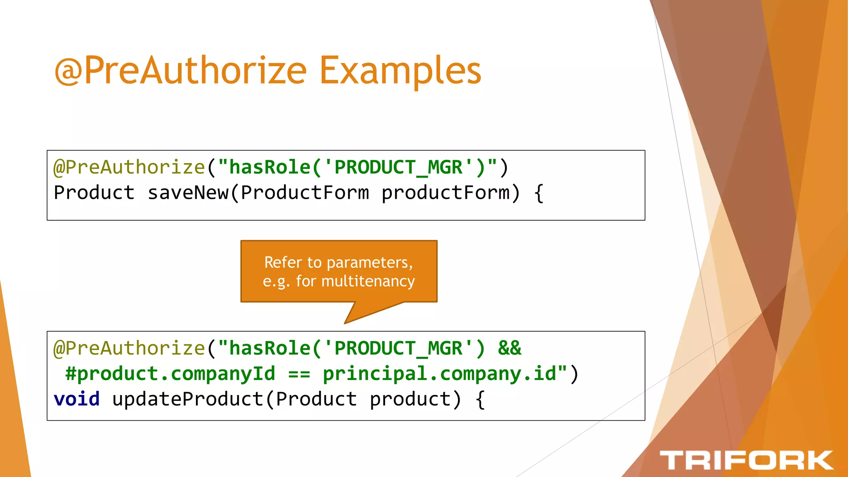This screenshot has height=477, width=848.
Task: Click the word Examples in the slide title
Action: [400, 70]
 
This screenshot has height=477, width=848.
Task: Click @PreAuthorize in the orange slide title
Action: [181, 70]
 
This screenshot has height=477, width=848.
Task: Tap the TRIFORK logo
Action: [746, 460]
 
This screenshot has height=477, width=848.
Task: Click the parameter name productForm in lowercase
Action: [445, 193]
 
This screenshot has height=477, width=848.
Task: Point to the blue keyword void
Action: [77, 399]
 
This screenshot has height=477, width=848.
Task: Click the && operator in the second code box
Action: [509, 348]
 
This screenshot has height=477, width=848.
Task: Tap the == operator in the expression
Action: [299, 374]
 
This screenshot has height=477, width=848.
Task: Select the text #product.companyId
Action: [170, 374]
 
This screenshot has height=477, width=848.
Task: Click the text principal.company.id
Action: [439, 374]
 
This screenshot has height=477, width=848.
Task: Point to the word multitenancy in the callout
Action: [368, 281]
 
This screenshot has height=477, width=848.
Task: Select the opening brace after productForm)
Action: [539, 193]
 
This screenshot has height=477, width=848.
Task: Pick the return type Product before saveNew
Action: [94, 193]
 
